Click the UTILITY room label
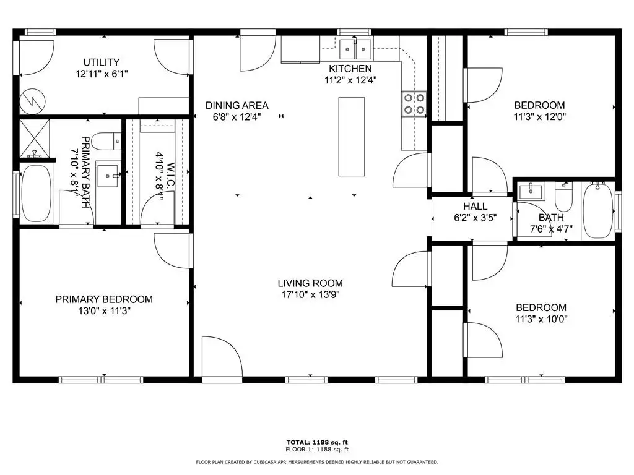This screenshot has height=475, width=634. pyautogui.click(x=102, y=62)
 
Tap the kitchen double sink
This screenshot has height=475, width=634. pyautogui.click(x=355, y=49)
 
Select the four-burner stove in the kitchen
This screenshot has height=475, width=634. pyautogui.click(x=414, y=104)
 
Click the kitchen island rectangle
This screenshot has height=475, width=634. pyautogui.click(x=352, y=137)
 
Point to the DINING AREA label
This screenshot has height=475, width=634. pyautogui.click(x=237, y=105)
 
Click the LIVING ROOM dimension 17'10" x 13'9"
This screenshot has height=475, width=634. pyautogui.click(x=310, y=294)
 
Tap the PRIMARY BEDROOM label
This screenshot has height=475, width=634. pyautogui.click(x=104, y=299)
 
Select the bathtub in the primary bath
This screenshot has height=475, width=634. pyautogui.click(x=36, y=194)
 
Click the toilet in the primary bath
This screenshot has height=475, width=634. pyautogui.click(x=106, y=142)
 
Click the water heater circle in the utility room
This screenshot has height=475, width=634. pyautogui.click(x=33, y=101)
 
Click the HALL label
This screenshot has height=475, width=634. pyautogui.click(x=475, y=207)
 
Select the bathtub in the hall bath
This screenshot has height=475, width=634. pyautogui.click(x=599, y=210)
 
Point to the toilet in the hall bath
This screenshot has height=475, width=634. pyautogui.click(x=563, y=196)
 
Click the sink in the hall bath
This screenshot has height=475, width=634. pyautogui.click(x=531, y=191)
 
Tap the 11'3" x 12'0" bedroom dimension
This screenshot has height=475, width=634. pyautogui.click(x=540, y=117)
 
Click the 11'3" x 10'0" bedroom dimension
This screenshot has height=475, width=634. pyautogui.click(x=541, y=319)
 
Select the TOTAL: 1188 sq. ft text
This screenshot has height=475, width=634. pyautogui.click(x=317, y=442)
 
